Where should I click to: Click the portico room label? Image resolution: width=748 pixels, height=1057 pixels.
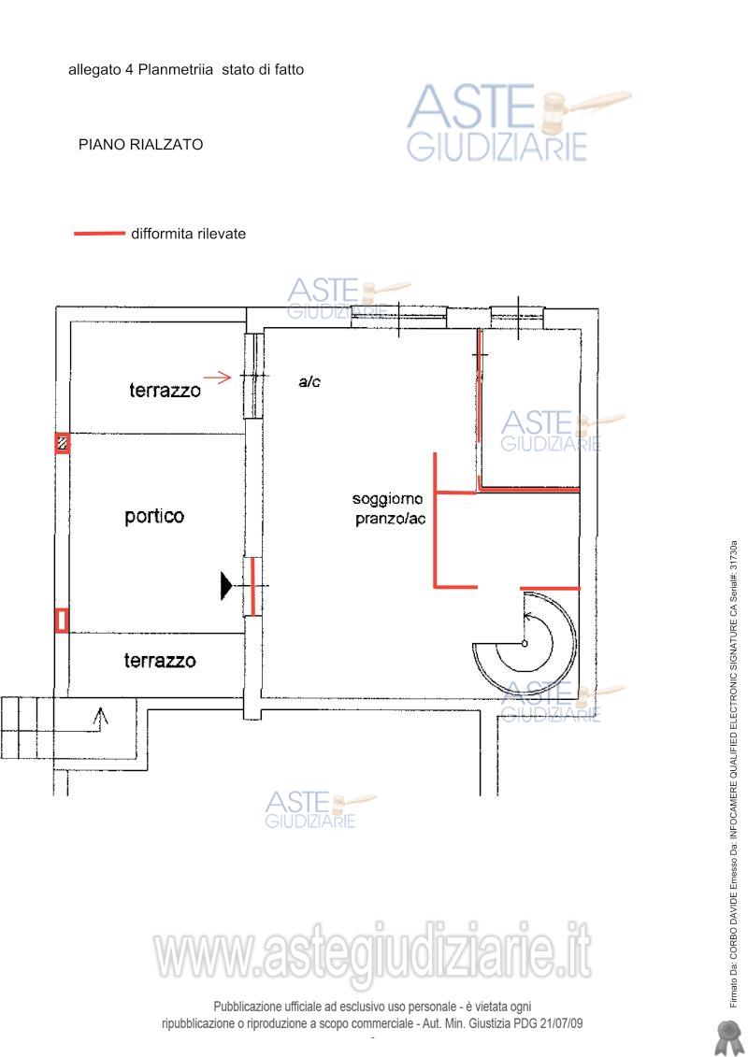pos(154,517)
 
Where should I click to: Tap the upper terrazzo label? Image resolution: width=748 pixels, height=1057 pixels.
pos(165,390)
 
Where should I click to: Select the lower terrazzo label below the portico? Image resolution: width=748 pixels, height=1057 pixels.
pos(160,660)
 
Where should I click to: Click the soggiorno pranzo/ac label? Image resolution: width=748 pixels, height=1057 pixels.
pos(389,509)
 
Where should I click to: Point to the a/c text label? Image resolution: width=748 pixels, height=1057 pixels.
pos(309,381)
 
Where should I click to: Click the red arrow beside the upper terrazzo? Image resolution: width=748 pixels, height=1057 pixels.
pos(217,378)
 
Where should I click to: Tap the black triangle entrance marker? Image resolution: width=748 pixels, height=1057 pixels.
pos(226,585)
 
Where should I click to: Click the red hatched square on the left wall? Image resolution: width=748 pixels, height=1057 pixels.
pos(62,443)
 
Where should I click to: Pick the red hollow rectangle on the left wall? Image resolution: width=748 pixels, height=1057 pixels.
pos(62,621)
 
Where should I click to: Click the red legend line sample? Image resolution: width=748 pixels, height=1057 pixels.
pos(99,234)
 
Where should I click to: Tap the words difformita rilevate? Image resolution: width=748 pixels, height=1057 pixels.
pos(188,234)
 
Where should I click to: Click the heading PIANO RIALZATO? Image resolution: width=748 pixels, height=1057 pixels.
pos(140,144)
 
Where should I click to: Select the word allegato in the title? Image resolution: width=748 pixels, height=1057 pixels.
pos(94,69)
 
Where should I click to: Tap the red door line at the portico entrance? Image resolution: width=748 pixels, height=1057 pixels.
pos(253,586)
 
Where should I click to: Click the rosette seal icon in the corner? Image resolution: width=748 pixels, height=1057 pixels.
pos(727,1036)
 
